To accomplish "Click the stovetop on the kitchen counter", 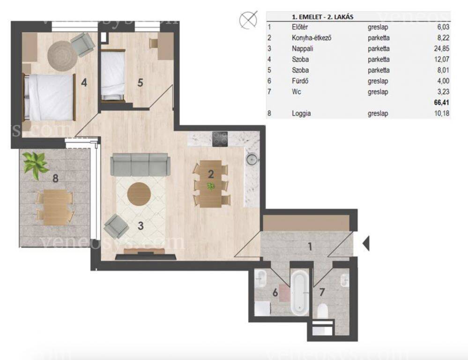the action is [220, 139].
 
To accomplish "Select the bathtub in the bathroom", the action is [300, 293].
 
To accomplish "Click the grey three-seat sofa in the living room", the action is [140, 165].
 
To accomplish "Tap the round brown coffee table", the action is [139, 194].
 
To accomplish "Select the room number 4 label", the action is [84, 83].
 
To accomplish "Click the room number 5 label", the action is [140, 83].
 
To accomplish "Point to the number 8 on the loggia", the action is [55, 179].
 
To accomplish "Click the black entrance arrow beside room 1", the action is [366, 243].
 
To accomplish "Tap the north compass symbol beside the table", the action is [248, 20].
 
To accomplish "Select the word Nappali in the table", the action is [302, 48].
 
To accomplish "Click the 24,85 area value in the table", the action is [441, 48].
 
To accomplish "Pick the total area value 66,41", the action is [441, 103].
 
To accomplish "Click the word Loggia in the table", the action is [301, 113].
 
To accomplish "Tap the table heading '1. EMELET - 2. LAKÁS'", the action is [322, 17].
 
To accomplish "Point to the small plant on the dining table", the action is [211, 187].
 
